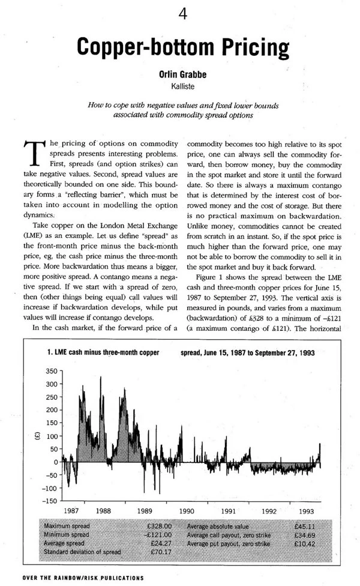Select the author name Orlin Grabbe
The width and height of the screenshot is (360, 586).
point(181,76)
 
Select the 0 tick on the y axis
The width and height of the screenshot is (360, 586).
point(54,462)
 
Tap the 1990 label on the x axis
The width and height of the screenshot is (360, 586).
point(186,511)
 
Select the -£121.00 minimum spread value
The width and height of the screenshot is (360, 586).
point(159,534)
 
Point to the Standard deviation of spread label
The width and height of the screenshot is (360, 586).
point(82,551)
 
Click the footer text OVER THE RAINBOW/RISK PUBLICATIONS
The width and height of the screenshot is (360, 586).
point(77,578)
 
